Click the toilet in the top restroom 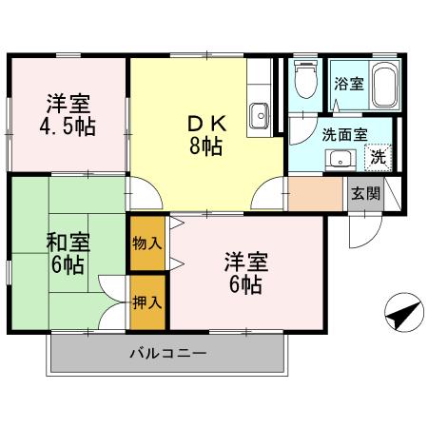point(305,84)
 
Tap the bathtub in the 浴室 point(382,88)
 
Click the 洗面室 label point(343,134)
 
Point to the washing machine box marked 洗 point(378,157)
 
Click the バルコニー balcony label point(167,355)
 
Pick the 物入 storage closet point(147,243)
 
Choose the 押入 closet point(147,302)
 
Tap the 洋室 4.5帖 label point(68,115)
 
